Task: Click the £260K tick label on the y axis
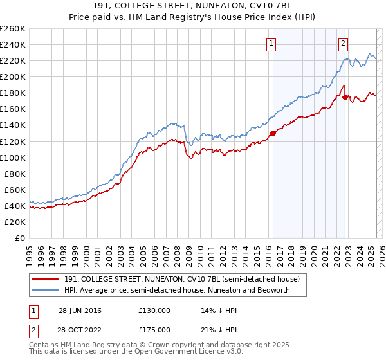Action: (x=13, y=28)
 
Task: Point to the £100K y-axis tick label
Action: (x=13, y=157)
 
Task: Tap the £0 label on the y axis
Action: (x=21, y=238)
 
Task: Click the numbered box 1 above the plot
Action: (x=271, y=44)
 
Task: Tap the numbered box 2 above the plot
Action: (x=344, y=44)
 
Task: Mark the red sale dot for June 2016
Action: (x=273, y=133)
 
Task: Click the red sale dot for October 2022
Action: (x=345, y=97)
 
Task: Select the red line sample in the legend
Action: (x=45, y=280)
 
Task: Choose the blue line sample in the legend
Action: (x=45, y=290)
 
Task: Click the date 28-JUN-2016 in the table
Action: (x=80, y=310)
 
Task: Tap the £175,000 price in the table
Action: (x=154, y=330)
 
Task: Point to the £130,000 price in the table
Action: (x=154, y=310)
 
